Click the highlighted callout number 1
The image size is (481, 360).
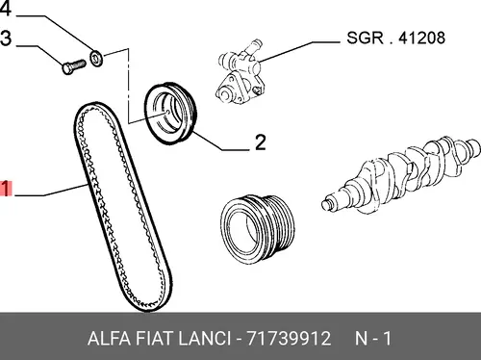6,189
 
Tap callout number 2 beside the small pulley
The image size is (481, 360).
261,142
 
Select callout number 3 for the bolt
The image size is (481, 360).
6,39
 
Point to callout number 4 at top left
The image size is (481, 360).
6,8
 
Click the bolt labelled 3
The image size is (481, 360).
74,66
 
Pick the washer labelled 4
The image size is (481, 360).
96,58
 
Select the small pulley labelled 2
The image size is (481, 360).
170,114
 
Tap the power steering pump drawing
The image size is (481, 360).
240,74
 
